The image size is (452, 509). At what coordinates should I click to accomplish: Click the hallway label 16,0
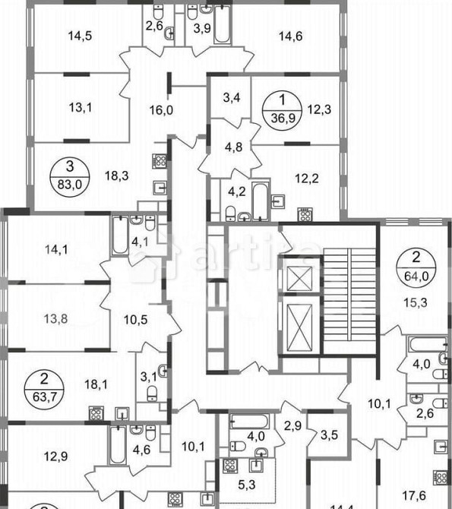(x=161, y=109)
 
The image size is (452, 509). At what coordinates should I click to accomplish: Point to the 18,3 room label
(x=116, y=176)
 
